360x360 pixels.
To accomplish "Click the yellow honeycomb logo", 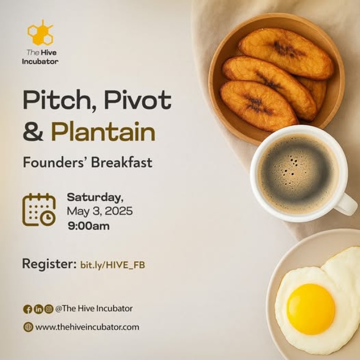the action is (40, 33).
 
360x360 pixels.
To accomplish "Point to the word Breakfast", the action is (121, 162).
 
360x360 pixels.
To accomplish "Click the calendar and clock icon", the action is (39, 210).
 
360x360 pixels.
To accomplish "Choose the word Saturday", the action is (95, 198).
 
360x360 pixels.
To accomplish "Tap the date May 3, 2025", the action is (99, 211).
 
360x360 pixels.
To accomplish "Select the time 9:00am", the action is (89, 226).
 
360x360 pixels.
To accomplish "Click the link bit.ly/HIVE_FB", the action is (112, 265).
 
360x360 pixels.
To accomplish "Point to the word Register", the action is (49, 264).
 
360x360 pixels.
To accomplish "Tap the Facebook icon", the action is (28, 309).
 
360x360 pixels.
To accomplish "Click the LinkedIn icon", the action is (38, 309).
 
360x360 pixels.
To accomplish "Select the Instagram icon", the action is (49, 309).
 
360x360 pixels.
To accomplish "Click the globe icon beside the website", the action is (28, 327).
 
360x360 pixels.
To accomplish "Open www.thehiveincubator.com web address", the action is (87, 327).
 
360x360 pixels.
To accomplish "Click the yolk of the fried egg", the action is (311, 309).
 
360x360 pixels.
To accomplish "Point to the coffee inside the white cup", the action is (298, 174).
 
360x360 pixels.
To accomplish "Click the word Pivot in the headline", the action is (138, 99).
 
